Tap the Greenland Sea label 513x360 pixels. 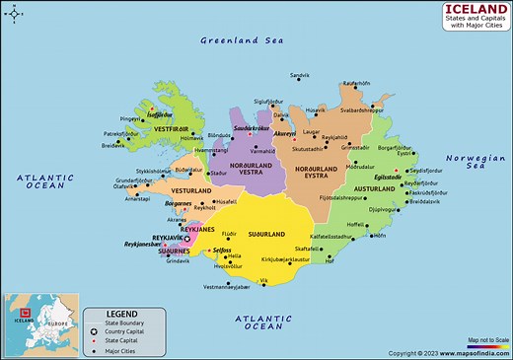click(x=242, y=40)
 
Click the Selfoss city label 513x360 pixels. click(x=222, y=251)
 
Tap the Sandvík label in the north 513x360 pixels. click(x=299, y=75)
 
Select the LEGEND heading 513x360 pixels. click(x=122, y=314)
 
